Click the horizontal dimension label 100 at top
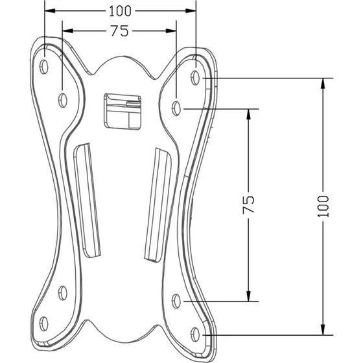pos(120,11)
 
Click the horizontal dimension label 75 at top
pos(119,31)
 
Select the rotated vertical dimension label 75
pos(248,205)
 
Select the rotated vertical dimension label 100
pos(323,206)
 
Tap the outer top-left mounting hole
pos(44,67)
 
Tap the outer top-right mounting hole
pos(195,78)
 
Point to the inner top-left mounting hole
pos(62,100)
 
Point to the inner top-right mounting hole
pos(176,108)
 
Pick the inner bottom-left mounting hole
pos(62,293)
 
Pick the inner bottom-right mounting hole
pos(176,301)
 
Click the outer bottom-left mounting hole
pos(44,323)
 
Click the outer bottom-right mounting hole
pos(195,334)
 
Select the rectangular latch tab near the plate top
pos(123,111)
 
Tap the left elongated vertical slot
pos(87,200)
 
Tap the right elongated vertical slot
pos(158,205)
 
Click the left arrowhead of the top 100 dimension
pos(50,10)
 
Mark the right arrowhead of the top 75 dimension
pos(171,31)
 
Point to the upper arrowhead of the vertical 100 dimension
pos(323,84)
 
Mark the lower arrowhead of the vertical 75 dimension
pos(249,296)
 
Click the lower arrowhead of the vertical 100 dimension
pos(323,330)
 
